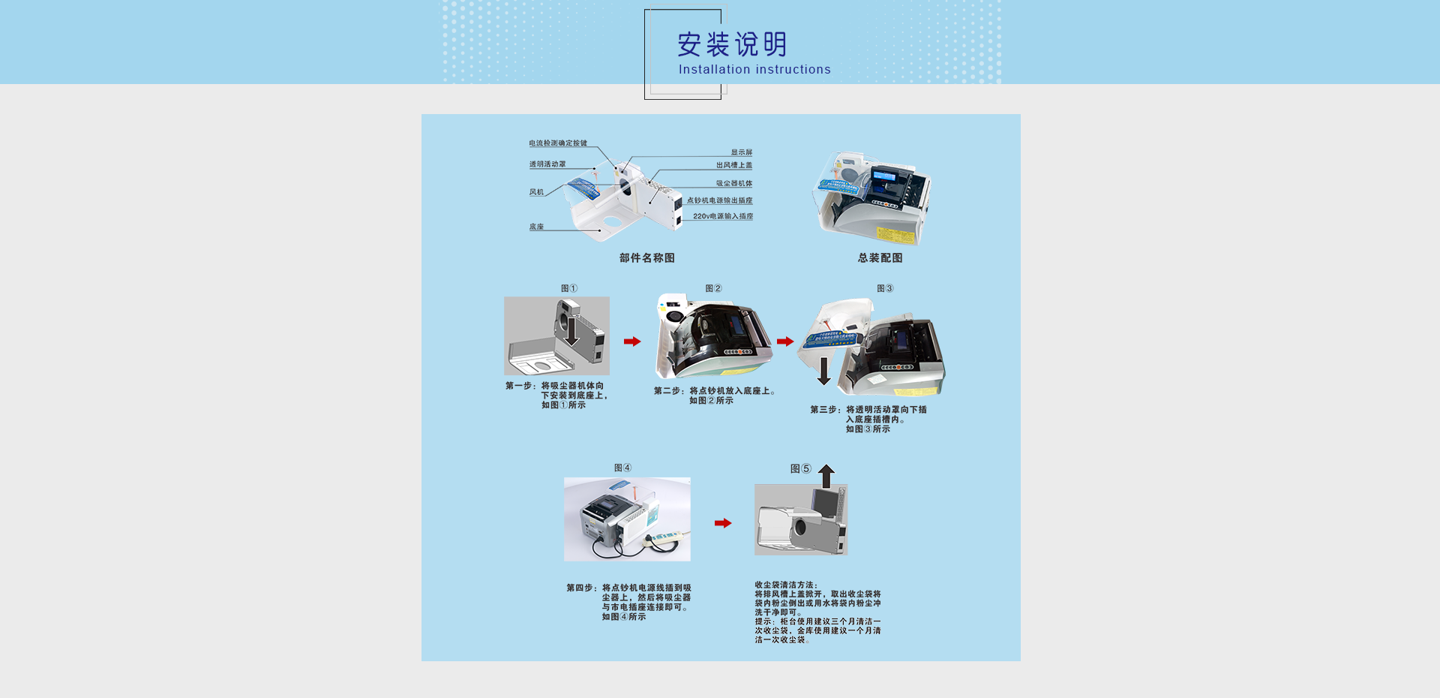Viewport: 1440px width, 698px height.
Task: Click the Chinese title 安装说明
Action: (732, 44)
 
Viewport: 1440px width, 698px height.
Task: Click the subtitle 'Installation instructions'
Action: (754, 70)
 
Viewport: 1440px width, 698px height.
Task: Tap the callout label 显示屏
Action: (741, 152)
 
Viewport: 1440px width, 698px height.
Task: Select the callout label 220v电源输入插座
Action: (722, 216)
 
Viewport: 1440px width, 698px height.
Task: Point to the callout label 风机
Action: (536, 192)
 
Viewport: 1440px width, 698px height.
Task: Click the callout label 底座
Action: (536, 227)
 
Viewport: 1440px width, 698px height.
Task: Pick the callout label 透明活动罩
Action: (547, 164)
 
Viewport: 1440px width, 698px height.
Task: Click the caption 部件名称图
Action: (646, 258)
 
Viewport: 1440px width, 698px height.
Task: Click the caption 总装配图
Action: (880, 258)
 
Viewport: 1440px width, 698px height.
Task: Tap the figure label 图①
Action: (569, 288)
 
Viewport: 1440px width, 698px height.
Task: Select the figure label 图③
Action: (885, 288)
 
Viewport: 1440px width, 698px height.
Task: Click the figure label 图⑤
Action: (800, 468)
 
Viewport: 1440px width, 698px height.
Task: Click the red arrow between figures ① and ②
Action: (632, 341)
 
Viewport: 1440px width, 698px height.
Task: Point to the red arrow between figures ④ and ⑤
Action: (723, 523)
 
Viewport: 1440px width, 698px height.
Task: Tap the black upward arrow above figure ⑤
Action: (826, 475)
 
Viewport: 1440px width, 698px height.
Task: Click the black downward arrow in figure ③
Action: (824, 371)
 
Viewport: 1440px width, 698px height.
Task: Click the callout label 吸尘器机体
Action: (733, 184)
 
